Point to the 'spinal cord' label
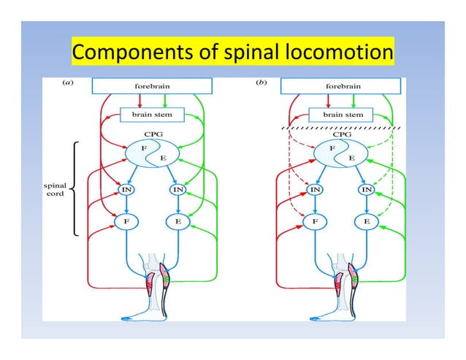tap(56, 190)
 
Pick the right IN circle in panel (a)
tap(177, 190)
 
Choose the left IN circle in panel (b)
tap(315, 190)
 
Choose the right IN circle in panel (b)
tap(367, 190)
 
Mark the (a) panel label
tap(66, 83)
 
